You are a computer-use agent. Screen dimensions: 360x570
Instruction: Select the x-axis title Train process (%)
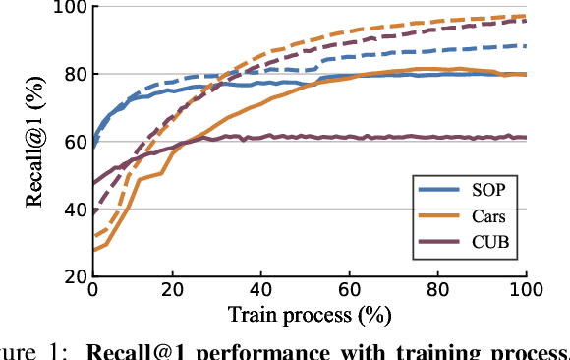tap(309, 316)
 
